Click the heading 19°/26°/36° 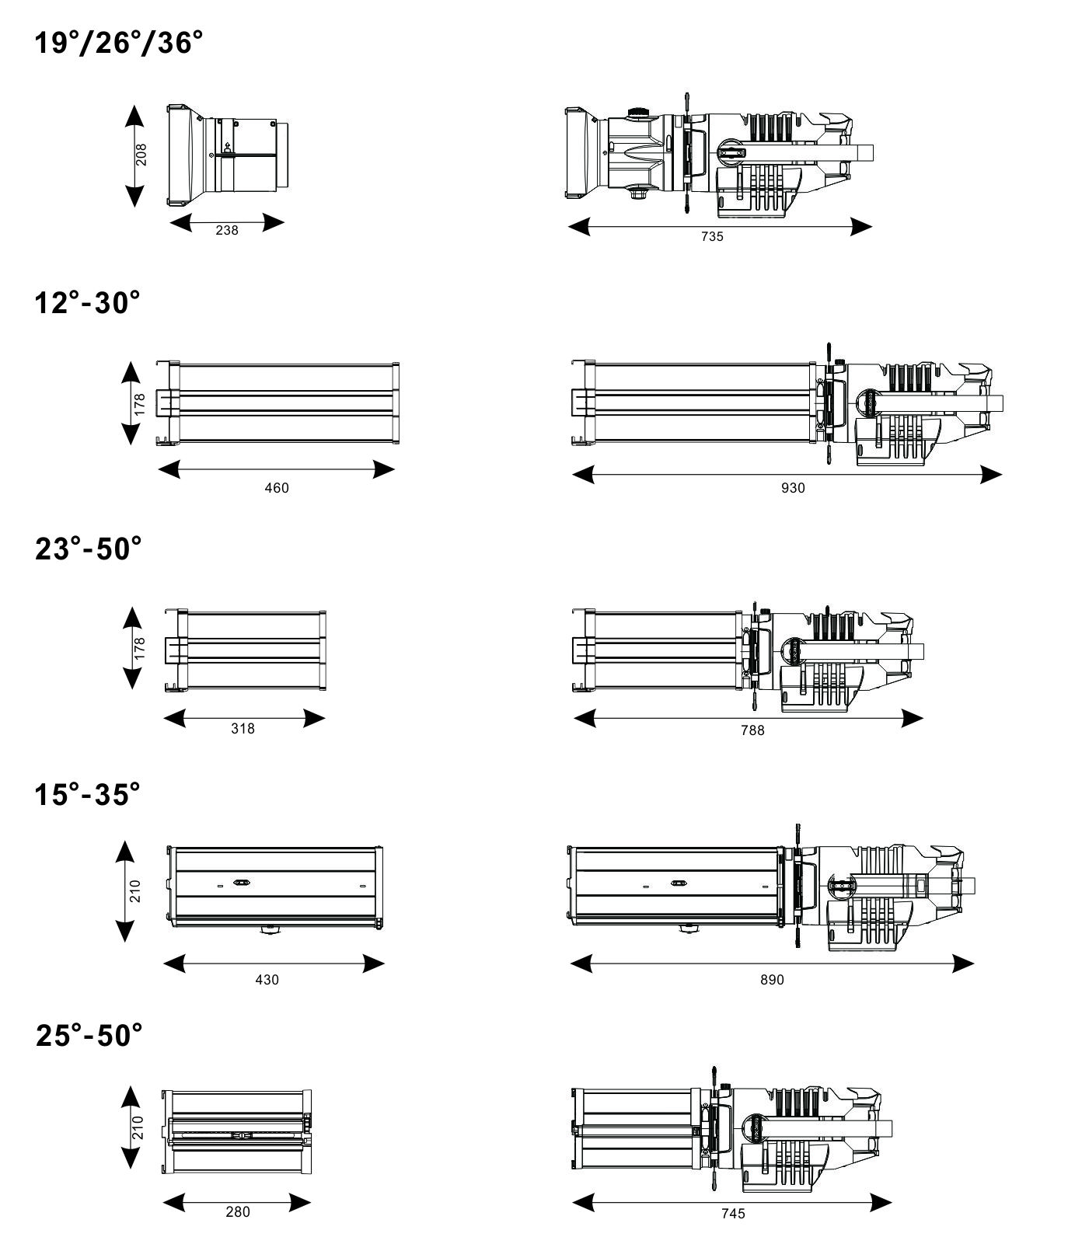coord(119,44)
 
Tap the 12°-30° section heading coord(88,302)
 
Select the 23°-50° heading coord(89,549)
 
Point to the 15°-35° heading coord(88,794)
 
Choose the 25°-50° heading coord(89,1035)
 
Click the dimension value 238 coord(227,230)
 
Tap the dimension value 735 coord(712,236)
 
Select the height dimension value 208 coord(141,155)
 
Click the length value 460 coord(277,488)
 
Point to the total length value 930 coord(793,488)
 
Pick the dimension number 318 coord(243,729)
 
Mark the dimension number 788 coord(752,730)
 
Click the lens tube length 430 coord(267,980)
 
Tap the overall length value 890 coord(772,980)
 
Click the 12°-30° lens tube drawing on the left coord(277,402)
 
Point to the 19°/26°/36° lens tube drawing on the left coord(228,155)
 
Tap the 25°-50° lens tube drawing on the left coord(237,1131)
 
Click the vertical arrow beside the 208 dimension coord(134,155)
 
